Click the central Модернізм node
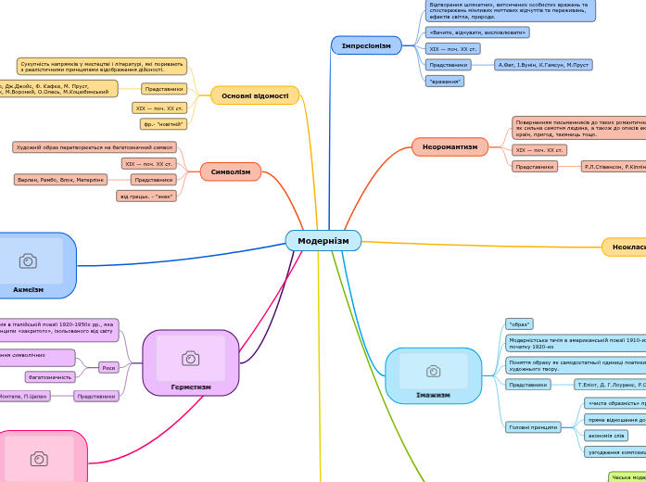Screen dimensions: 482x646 coord(323,240)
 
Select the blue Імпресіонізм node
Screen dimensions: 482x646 coord(366,45)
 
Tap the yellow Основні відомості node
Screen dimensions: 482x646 coord(255,95)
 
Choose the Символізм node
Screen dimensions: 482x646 coord(230,171)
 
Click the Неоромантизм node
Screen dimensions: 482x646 coord(450,146)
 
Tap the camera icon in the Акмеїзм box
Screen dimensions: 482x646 coord(29,260)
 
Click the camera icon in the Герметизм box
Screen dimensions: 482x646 coord(190,358)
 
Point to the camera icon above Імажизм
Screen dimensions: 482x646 coord(433,371)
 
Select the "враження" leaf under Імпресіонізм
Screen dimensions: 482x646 coord(445,82)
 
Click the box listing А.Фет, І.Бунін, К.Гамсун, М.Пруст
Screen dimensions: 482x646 coord(544,65)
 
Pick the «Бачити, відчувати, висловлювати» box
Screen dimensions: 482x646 coord(477,32)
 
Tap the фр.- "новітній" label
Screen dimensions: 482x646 coord(163,123)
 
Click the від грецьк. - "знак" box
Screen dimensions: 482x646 coord(145,196)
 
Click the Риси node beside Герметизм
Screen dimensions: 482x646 coord(108,367)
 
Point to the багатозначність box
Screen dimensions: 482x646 coord(50,377)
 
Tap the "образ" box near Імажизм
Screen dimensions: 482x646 coord(520,324)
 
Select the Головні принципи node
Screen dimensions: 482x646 coord(533,427)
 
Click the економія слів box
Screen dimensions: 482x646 coord(607,436)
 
